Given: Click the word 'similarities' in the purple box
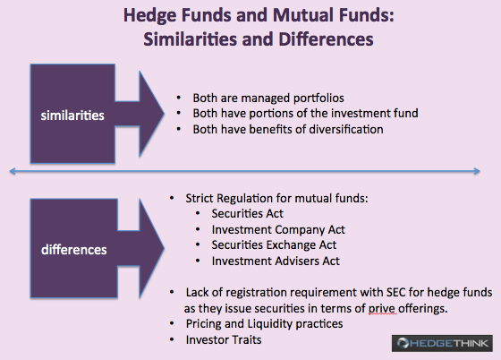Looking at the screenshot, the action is click(x=72, y=116).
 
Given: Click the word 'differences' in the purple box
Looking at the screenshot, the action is click(x=73, y=250).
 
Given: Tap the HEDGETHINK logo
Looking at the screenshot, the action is click(x=442, y=343).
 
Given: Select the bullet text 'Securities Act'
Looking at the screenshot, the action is click(x=247, y=213).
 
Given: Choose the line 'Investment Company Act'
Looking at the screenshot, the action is click(x=278, y=229).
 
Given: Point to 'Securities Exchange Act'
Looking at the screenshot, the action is click(x=274, y=244).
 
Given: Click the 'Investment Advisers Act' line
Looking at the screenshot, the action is click(x=276, y=261).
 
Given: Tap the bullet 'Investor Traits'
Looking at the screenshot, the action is click(x=224, y=339).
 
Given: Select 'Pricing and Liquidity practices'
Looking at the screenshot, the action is click(x=264, y=324).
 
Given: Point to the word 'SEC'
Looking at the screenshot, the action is click(x=395, y=292).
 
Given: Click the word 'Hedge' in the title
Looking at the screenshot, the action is click(x=149, y=15).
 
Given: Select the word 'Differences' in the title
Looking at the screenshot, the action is click(x=326, y=39).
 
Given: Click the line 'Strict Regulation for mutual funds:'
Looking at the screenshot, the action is click(x=276, y=198).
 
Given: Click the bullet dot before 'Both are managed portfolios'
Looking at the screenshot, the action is click(x=179, y=98).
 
